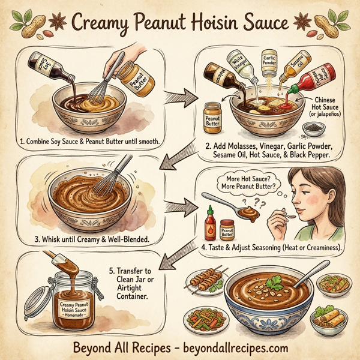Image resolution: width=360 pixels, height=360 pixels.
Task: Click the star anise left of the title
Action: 59,23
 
